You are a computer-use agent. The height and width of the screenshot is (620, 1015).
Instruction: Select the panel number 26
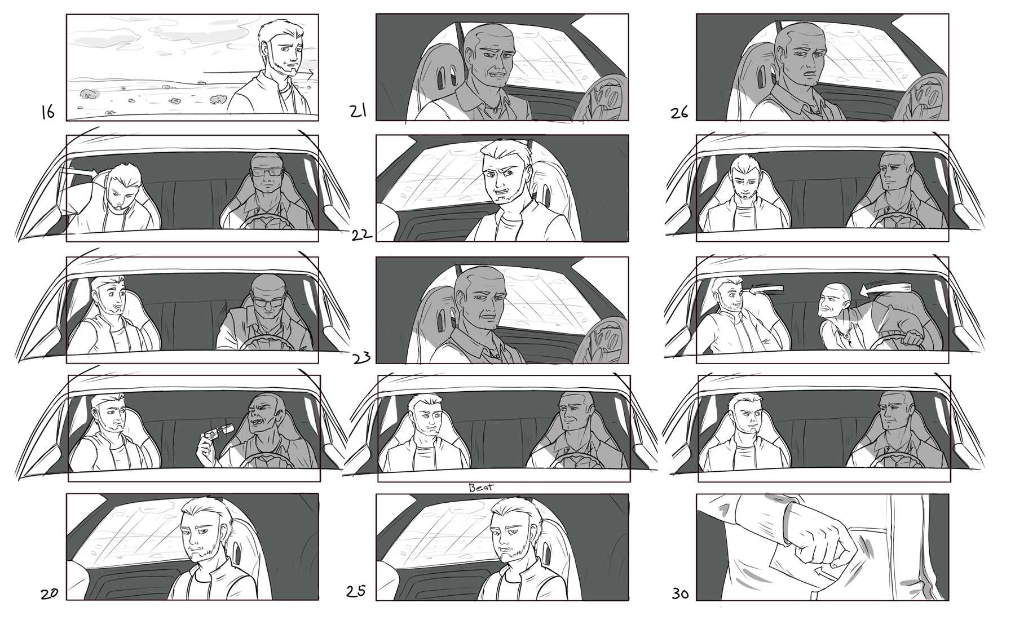click(679, 112)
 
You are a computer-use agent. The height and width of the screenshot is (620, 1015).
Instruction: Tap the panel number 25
click(357, 592)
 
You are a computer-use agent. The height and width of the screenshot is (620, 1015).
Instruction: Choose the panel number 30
click(681, 594)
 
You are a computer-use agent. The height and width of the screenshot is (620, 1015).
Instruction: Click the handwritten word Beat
click(481, 487)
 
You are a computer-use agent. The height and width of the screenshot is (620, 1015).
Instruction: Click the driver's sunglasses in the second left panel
click(264, 173)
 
